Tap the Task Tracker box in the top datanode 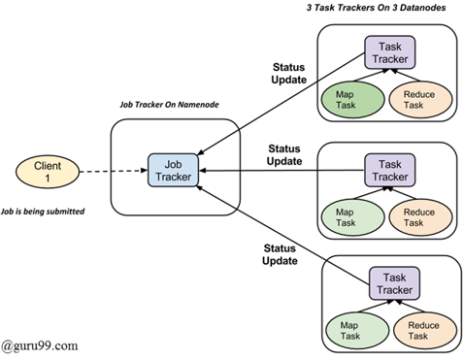tap(389, 51)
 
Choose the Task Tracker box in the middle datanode tap(389, 170)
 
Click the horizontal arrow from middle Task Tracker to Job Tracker tap(282, 170)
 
